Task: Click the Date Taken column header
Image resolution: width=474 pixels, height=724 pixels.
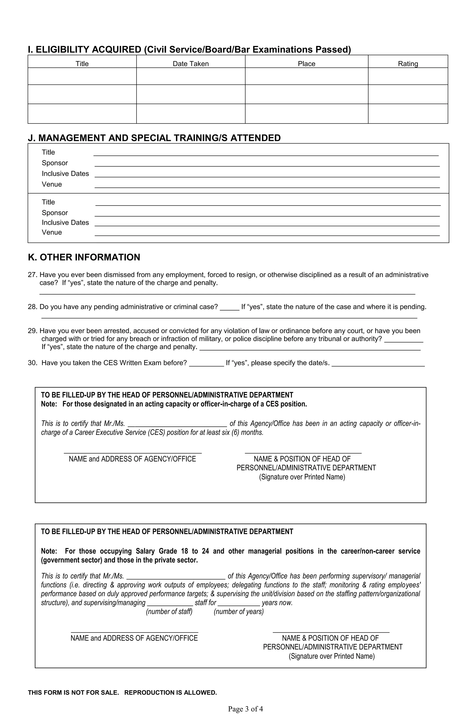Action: point(191,64)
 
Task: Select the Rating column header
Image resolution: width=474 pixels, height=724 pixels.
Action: point(408,64)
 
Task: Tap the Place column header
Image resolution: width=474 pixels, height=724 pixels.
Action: point(306,64)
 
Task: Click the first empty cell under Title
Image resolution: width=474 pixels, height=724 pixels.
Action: point(82,76)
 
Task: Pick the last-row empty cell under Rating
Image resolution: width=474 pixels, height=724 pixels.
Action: point(408,114)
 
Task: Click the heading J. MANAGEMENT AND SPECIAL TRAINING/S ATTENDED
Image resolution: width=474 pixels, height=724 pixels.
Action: point(154,138)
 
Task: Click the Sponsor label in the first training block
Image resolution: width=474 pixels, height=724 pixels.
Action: point(55,163)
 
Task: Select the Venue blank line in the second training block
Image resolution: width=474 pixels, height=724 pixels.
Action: point(267,235)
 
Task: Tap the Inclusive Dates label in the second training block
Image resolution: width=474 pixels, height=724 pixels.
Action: point(65,222)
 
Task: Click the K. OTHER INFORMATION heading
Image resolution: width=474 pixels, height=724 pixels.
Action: point(84,257)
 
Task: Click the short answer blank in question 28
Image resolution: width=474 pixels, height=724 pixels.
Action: point(229,309)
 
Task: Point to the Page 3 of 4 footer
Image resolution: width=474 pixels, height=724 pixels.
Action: point(245,709)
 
